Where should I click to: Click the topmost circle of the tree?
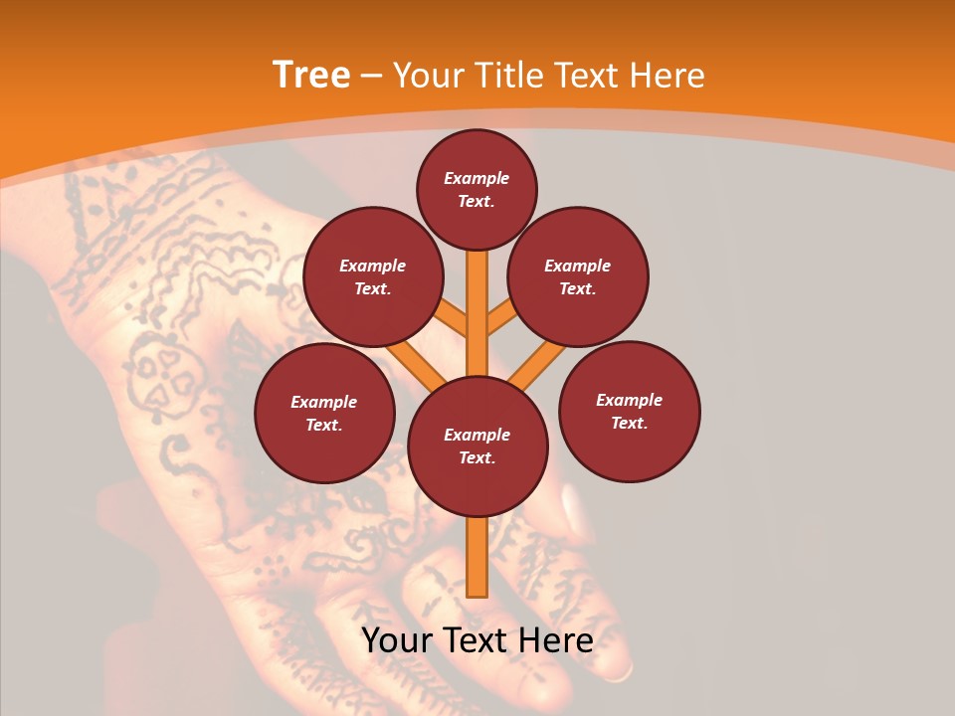tap(477, 189)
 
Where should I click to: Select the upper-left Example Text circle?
tap(372, 276)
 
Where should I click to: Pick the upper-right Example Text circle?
tap(577, 276)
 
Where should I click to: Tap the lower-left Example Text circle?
tap(323, 413)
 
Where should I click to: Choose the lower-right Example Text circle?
tap(629, 411)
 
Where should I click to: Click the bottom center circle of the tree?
tap(477, 446)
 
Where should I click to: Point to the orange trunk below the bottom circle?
tap(477, 557)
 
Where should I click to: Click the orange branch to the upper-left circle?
tap(454, 319)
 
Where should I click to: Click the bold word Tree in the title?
tap(311, 75)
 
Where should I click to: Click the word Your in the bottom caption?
tap(397, 640)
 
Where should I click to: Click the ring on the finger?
tap(619, 672)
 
